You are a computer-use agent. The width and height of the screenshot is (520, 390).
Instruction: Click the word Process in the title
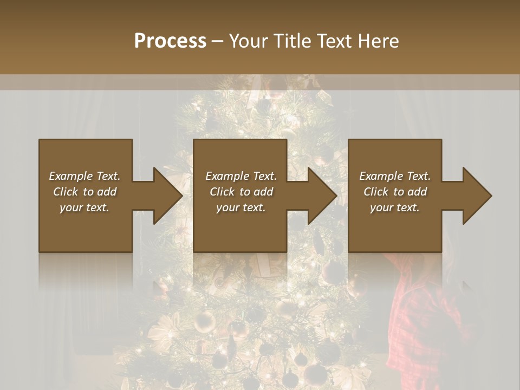click(x=170, y=41)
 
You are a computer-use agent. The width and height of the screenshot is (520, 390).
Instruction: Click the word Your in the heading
click(x=249, y=41)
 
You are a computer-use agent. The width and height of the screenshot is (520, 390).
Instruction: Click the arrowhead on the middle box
click(x=322, y=196)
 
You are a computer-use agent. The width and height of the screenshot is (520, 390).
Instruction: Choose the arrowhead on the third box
click(x=477, y=196)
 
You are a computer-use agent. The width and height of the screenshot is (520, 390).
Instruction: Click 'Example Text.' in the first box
click(x=84, y=176)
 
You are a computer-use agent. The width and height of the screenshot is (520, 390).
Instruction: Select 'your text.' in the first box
click(x=84, y=207)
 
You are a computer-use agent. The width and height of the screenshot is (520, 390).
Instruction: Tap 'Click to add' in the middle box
click(x=241, y=192)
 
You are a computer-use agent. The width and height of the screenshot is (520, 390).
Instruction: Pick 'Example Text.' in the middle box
click(x=241, y=176)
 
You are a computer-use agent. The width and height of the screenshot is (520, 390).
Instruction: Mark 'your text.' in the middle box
click(x=241, y=207)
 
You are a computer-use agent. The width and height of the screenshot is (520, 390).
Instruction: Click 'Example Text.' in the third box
click(x=395, y=176)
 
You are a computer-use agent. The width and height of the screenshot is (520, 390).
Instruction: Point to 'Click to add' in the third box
click(x=395, y=192)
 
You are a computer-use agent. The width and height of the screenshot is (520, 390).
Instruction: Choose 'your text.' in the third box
click(x=395, y=207)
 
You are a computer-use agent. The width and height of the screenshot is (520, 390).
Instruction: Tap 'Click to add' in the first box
click(x=84, y=192)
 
